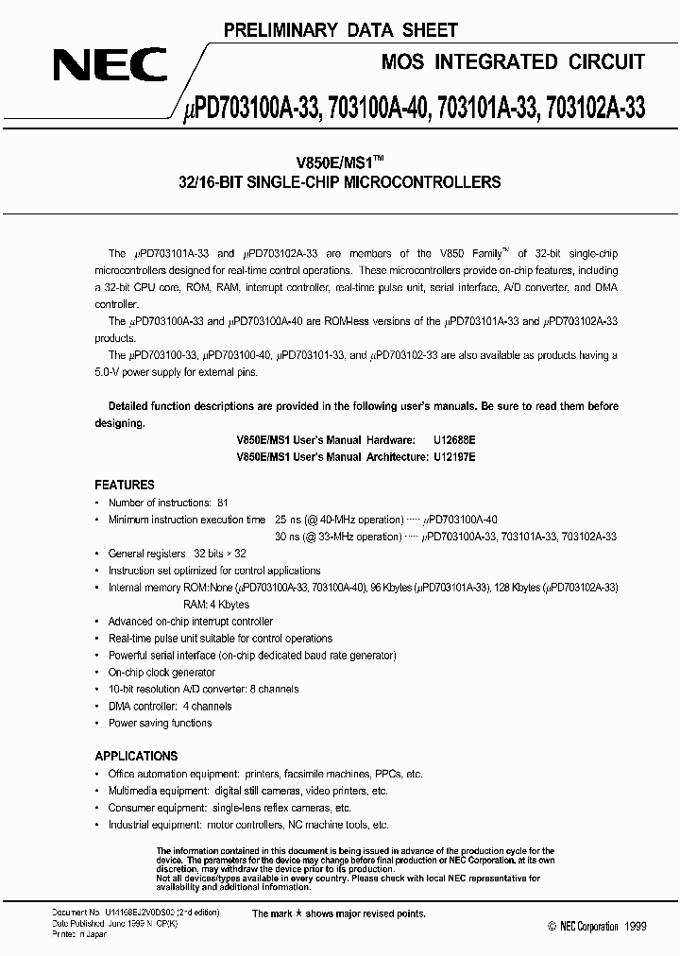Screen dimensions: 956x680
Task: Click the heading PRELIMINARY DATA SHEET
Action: click(340, 31)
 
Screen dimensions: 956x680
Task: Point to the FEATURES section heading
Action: click(125, 484)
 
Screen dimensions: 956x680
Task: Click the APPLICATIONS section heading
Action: click(136, 756)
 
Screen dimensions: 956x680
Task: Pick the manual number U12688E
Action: click(453, 440)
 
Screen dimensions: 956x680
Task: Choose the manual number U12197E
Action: click(453, 456)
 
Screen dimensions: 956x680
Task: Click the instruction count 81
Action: click(222, 504)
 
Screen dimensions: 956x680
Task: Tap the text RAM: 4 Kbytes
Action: click(215, 605)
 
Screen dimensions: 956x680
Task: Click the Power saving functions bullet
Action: click(160, 724)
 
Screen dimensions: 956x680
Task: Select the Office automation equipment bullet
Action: click(260, 775)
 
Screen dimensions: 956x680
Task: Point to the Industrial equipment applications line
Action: click(248, 826)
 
